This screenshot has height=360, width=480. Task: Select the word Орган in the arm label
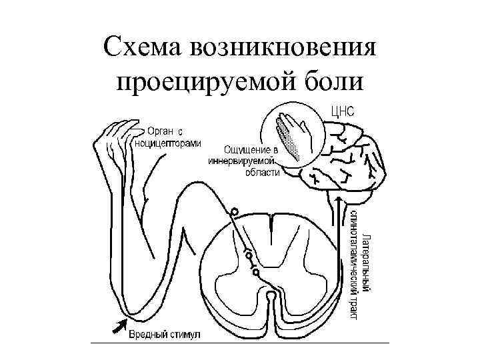pyautogui.click(x=160, y=131)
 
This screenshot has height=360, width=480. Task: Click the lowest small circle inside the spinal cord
pyautogui.click(x=255, y=271)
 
